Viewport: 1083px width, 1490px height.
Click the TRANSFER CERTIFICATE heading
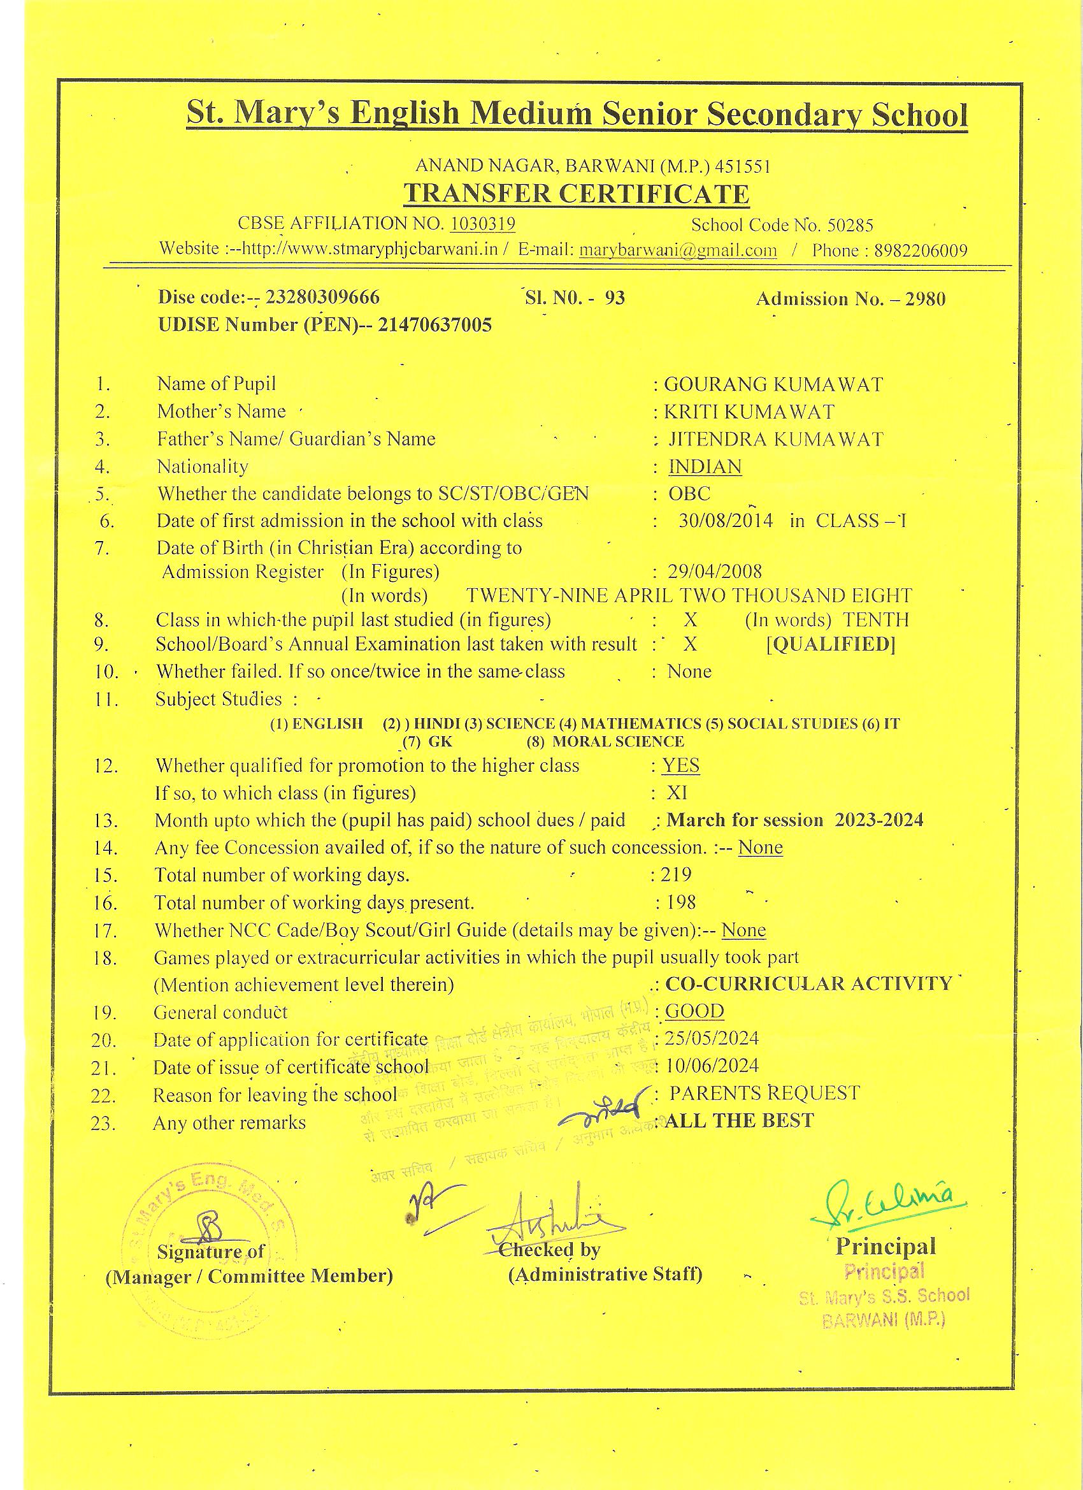(576, 194)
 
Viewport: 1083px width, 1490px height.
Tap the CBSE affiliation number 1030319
(483, 224)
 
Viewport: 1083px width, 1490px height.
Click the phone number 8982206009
(920, 250)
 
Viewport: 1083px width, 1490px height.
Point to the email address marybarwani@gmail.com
(678, 250)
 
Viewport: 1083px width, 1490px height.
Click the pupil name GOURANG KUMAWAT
(773, 384)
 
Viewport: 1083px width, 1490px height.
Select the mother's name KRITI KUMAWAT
(749, 412)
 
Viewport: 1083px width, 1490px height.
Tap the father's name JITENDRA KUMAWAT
(776, 439)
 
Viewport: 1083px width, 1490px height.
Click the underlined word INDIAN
(705, 467)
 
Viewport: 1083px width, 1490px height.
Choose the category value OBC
(689, 493)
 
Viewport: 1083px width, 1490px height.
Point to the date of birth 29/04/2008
(715, 572)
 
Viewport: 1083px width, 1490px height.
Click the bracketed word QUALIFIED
(831, 644)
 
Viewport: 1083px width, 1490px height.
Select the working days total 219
(677, 874)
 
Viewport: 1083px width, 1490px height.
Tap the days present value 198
(680, 902)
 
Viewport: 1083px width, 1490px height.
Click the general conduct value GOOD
(694, 1010)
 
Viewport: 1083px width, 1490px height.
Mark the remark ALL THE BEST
(740, 1120)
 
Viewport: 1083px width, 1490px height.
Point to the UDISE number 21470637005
(434, 325)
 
